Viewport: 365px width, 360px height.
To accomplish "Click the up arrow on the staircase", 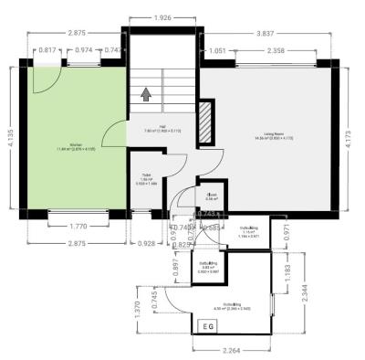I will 146,92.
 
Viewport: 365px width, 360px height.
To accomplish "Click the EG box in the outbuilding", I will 208,325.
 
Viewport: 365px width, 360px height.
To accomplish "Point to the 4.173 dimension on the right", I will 354,141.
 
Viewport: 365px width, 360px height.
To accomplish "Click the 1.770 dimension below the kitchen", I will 77,225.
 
